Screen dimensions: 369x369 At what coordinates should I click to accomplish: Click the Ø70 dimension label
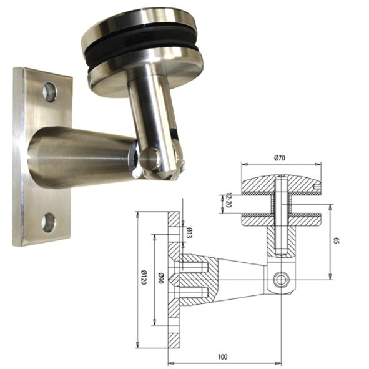coord(280,158)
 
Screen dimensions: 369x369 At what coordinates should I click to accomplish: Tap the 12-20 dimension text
coord(228,200)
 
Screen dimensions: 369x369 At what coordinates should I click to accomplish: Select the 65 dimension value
coord(337,241)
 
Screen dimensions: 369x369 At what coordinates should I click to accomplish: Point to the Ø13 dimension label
coord(189,233)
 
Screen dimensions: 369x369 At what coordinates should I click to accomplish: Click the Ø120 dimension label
coord(144,277)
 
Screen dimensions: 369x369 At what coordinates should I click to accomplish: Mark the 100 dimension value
coord(222,357)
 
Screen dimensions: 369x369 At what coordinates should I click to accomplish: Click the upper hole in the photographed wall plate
coord(50,92)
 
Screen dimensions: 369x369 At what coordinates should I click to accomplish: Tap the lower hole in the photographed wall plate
coord(49,222)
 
